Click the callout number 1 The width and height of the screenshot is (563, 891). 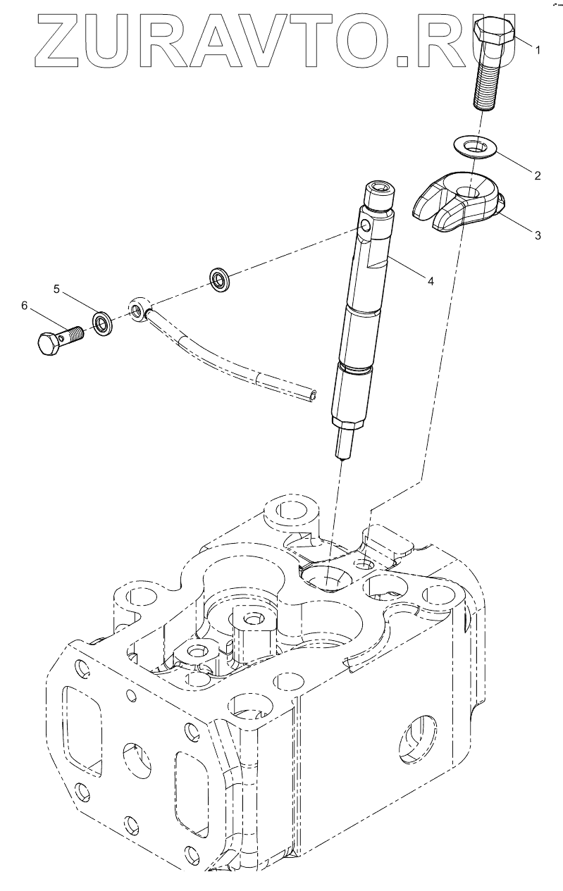click(x=538, y=50)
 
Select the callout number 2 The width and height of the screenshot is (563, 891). click(x=538, y=175)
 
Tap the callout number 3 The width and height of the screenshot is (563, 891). click(x=538, y=235)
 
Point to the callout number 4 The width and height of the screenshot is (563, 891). click(x=429, y=280)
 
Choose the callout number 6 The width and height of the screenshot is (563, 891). click(x=24, y=305)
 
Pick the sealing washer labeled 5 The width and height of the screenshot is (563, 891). click(x=102, y=324)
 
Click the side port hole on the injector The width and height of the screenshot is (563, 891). click(x=364, y=225)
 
